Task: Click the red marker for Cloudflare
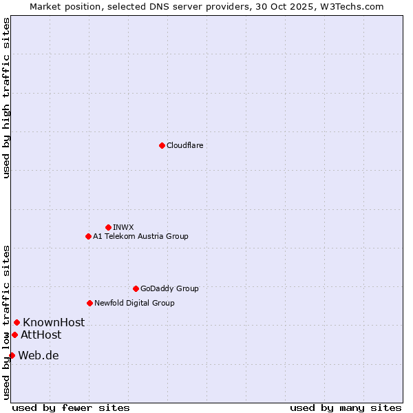click(x=162, y=145)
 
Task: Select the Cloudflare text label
click(x=184, y=145)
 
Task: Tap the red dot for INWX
click(x=108, y=227)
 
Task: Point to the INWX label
click(x=123, y=227)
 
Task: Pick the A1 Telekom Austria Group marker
click(x=88, y=236)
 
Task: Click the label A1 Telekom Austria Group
click(x=140, y=236)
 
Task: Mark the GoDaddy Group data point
click(x=136, y=288)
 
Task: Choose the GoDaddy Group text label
click(x=169, y=288)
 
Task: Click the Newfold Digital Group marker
click(x=89, y=303)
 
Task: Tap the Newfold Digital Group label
click(x=134, y=303)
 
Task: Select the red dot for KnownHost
click(x=17, y=322)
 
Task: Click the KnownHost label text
click(x=54, y=322)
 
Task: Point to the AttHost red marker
click(x=14, y=335)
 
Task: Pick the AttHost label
click(x=41, y=335)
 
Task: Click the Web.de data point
click(x=12, y=355)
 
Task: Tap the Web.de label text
click(x=39, y=355)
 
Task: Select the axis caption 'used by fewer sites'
click(x=71, y=407)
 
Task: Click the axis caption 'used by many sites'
click(x=346, y=407)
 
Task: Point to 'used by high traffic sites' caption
click(x=6, y=98)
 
